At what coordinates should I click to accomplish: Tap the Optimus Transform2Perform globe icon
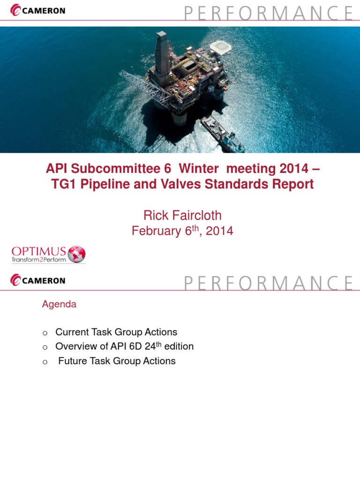[x=76, y=254]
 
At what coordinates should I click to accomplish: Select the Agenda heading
[x=59, y=304]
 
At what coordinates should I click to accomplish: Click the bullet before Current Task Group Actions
[x=45, y=333]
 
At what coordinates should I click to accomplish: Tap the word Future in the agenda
[x=73, y=361]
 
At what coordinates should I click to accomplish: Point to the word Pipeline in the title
[x=106, y=184]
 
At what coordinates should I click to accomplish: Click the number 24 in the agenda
[x=151, y=346]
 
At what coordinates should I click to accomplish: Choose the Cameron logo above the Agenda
[x=37, y=281]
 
